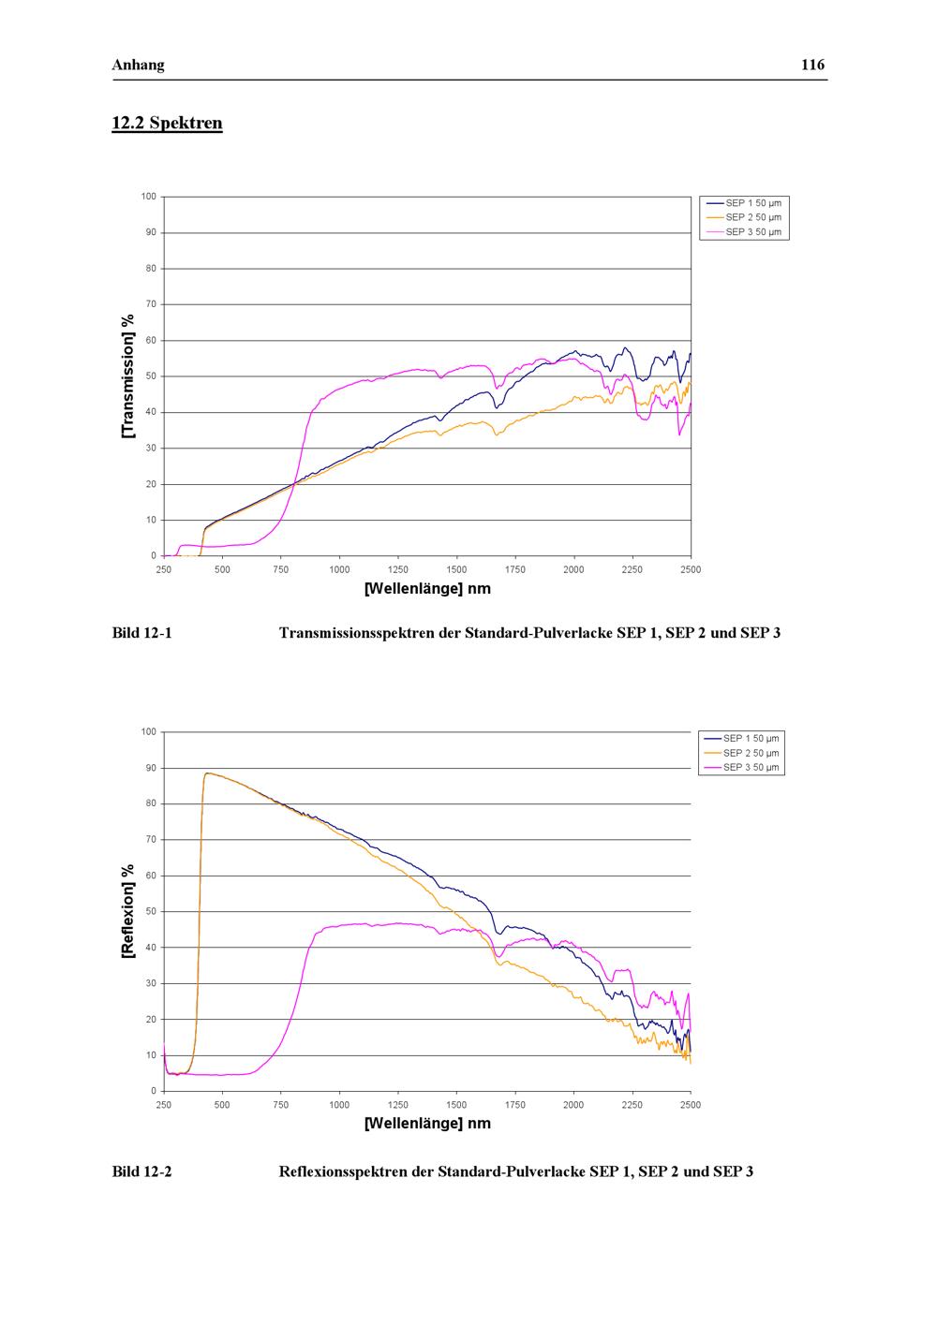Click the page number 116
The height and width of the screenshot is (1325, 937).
812,65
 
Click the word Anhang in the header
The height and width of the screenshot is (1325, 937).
138,65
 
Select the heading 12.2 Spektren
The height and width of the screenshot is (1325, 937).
167,123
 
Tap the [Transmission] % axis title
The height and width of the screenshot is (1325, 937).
128,375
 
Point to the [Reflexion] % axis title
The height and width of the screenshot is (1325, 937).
128,911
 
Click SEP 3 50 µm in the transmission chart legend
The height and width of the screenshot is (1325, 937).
753,232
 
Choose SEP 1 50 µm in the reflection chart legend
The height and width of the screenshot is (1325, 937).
751,738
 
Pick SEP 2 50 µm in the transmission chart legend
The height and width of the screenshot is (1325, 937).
753,217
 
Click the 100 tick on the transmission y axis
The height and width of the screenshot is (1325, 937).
149,197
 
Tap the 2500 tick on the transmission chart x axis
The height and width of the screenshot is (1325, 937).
691,569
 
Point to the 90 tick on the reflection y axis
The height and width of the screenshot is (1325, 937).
151,768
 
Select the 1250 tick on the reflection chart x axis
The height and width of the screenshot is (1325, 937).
398,1105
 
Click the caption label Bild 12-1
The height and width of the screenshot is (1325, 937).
142,633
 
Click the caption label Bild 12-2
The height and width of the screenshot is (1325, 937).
142,1171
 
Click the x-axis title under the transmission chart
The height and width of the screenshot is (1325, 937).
427,589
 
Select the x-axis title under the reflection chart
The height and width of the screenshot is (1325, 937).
427,1124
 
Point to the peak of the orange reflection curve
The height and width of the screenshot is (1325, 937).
207,773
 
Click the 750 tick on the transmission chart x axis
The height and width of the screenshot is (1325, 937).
281,569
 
